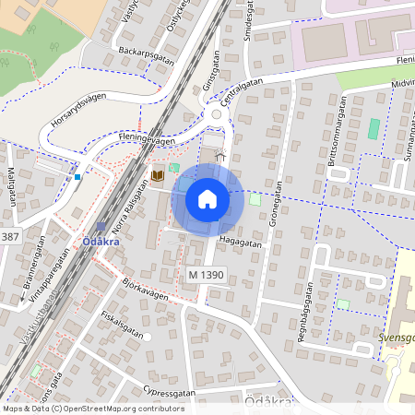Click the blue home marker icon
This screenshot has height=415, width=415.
click(207, 199)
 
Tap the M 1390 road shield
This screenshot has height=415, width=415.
click(206, 275)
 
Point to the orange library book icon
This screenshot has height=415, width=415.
click(158, 175)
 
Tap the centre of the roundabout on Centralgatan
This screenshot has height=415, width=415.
click(219, 115)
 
